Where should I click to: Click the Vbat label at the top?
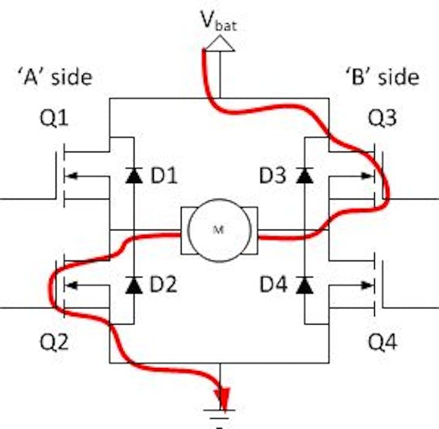point(219,20)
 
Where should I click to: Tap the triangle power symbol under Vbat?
point(220,43)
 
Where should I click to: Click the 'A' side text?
point(55,77)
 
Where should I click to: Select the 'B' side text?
point(383,77)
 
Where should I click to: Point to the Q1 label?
point(54,118)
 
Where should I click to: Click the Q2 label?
point(54,342)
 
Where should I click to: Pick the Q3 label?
point(382,117)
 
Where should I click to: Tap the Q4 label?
point(383,342)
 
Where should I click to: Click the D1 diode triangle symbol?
point(134,175)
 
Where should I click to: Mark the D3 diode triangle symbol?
point(305,175)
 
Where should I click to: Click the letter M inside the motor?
point(219,230)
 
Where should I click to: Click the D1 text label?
point(164,176)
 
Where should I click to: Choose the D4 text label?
point(274,284)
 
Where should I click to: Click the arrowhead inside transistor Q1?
point(71,176)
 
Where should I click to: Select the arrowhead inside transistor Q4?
point(367,285)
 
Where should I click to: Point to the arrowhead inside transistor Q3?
point(367,176)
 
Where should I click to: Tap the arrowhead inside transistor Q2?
point(71,285)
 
